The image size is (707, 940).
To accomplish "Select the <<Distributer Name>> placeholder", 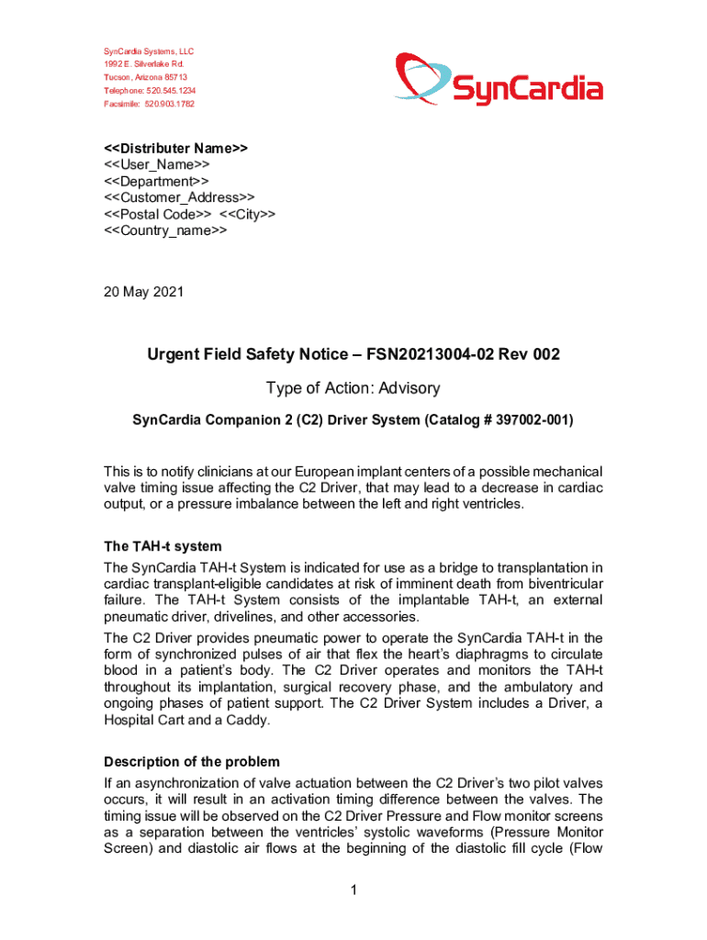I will [175, 148].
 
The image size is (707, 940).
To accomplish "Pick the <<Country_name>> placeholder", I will [165, 230].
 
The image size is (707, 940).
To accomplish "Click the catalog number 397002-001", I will [523, 420].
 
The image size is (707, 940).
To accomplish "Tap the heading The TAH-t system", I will [163, 546].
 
